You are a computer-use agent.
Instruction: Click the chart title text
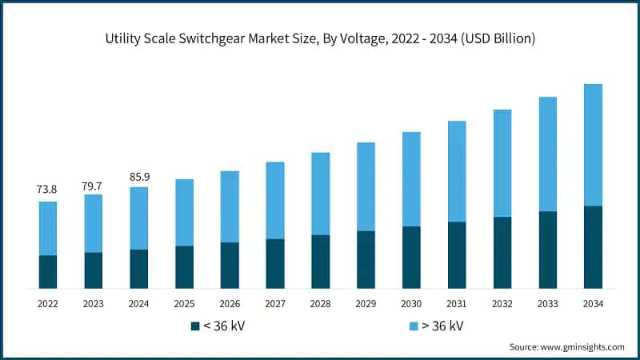(x=320, y=37)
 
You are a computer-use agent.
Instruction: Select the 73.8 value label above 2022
(x=48, y=190)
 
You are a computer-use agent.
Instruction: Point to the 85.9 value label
(x=139, y=176)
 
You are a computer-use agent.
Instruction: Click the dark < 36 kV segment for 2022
(x=48, y=272)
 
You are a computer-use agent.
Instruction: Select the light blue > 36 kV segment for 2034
(x=593, y=145)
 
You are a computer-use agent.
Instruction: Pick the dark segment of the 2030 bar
(x=411, y=257)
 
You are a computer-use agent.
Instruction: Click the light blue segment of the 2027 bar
(x=275, y=200)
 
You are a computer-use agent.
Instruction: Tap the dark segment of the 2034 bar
(x=593, y=247)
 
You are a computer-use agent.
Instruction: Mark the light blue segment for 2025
(x=184, y=212)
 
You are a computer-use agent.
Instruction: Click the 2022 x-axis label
(x=48, y=304)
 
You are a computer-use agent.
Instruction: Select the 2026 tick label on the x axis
(x=230, y=304)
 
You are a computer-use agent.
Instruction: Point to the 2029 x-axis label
(x=366, y=304)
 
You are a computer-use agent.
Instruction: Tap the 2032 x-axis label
(x=502, y=304)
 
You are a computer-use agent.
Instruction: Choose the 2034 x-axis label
(x=593, y=304)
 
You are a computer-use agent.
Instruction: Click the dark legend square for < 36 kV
(x=194, y=326)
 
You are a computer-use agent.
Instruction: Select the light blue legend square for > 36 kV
(x=414, y=326)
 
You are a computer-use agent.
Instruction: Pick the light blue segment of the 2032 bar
(x=502, y=163)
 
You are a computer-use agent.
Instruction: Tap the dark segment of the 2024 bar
(x=139, y=269)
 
